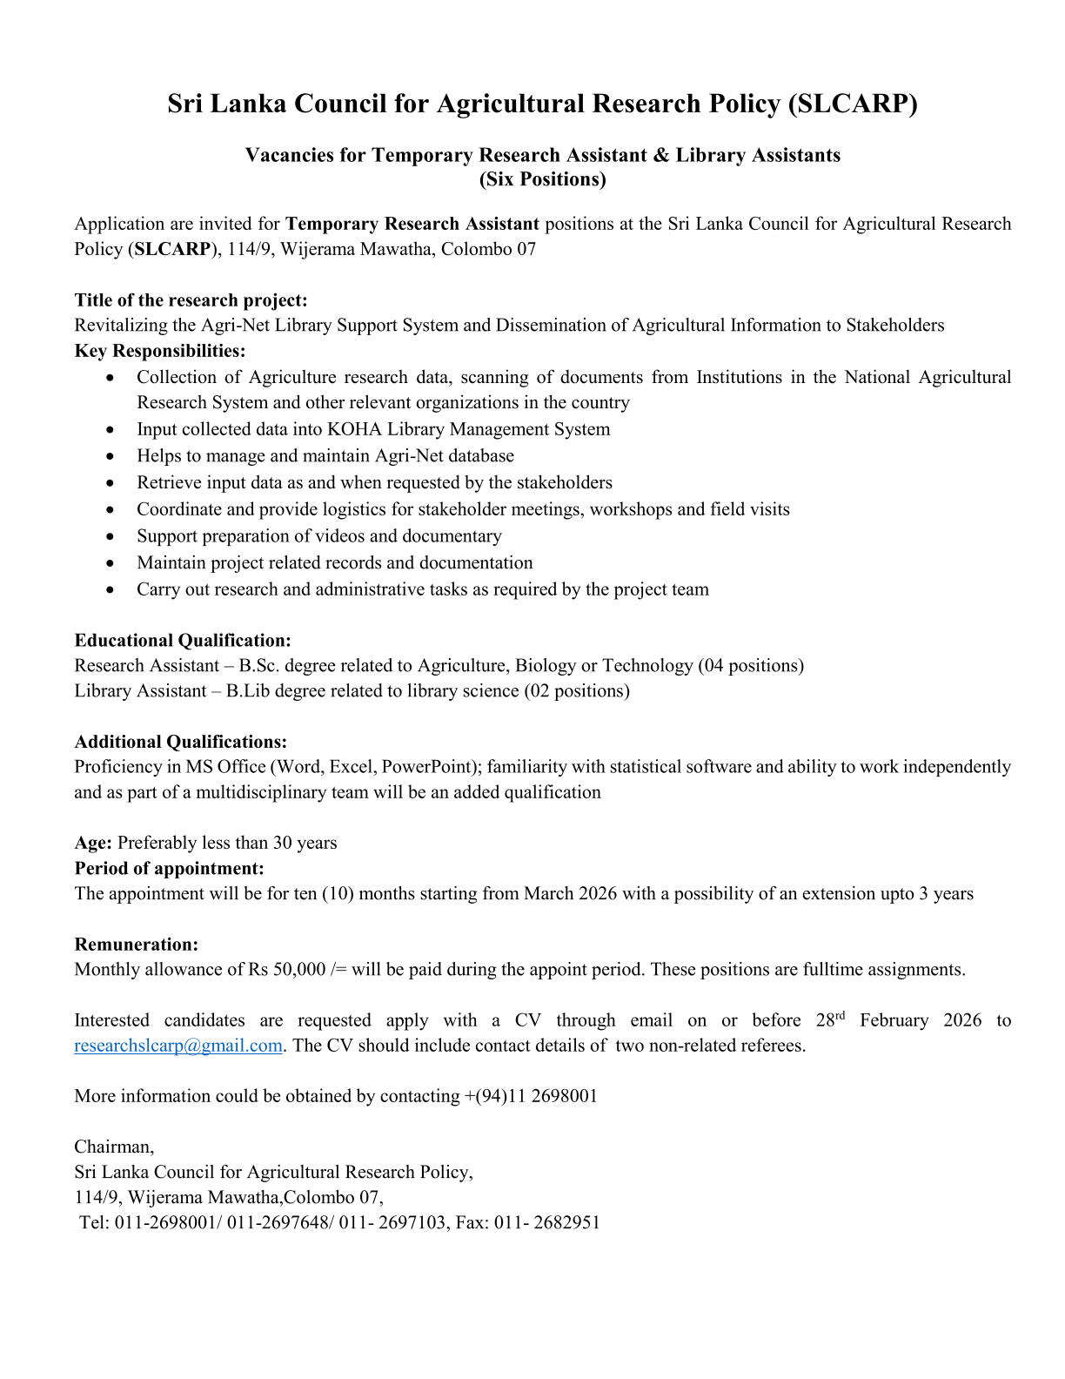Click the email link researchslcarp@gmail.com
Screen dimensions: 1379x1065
178,1046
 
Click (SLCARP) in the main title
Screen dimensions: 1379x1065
853,104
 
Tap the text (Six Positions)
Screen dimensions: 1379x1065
542,179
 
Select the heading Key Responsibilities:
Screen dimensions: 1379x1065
160,351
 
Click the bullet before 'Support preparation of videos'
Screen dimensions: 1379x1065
110,537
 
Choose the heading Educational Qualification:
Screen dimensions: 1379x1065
183,641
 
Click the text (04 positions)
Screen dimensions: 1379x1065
751,666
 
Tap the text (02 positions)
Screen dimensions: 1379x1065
577,691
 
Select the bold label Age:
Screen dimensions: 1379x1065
93,843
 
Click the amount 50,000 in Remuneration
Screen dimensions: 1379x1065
298,970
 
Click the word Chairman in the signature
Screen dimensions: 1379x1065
113,1147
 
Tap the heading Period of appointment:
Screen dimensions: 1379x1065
169,869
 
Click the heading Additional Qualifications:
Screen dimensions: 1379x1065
181,742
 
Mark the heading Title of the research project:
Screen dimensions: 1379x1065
191,300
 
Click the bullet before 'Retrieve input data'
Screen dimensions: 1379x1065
110,483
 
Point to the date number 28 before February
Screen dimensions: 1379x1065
825,1020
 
